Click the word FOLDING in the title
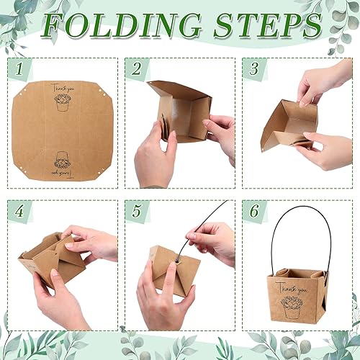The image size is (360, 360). (x=120, y=25)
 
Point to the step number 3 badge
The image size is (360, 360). (x=253, y=70)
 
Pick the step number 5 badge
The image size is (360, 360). (x=135, y=212)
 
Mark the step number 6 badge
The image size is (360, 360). (x=253, y=212)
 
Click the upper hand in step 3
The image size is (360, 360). (x=324, y=83)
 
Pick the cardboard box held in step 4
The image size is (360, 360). (x=50, y=256)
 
